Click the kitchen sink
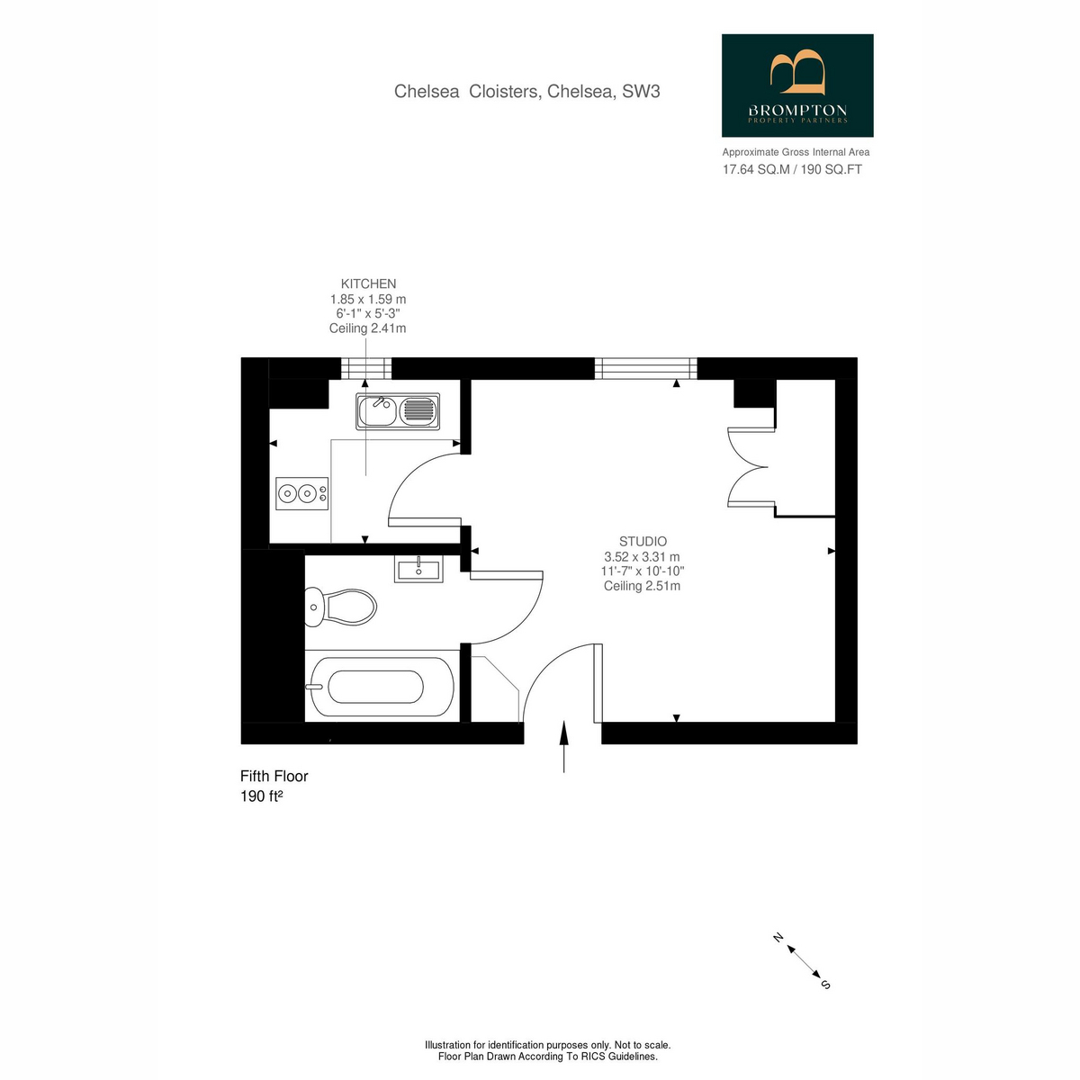398,410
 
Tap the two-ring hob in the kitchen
302,493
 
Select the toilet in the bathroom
340,607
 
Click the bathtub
380,687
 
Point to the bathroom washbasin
418,569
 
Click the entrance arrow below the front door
563,746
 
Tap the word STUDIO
643,542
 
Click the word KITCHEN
368,284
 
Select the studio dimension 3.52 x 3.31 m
642,556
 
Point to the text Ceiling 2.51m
642,586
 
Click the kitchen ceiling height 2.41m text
368,328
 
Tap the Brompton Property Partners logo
797,85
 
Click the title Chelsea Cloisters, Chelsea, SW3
526,92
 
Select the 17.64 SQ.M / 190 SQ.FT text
792,169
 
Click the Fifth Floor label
274,776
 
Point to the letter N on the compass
778,938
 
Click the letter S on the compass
825,985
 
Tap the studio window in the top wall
645,368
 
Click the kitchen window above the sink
366,368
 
